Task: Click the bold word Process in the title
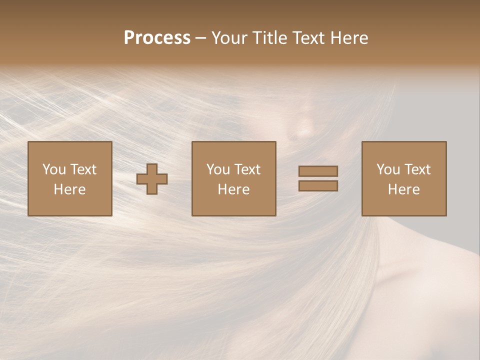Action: click(x=157, y=38)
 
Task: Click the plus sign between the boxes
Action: click(x=152, y=179)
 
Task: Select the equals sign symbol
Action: click(x=318, y=178)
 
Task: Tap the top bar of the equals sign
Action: click(x=318, y=171)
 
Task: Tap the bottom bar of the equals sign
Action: click(x=318, y=186)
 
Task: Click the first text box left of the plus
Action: click(x=70, y=179)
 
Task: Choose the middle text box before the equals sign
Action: click(x=234, y=179)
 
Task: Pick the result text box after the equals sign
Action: click(x=404, y=179)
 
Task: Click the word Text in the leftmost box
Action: click(x=83, y=169)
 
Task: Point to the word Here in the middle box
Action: click(x=234, y=189)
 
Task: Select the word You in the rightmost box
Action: click(x=388, y=169)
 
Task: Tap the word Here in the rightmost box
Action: click(x=404, y=189)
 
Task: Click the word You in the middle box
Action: click(x=218, y=169)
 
